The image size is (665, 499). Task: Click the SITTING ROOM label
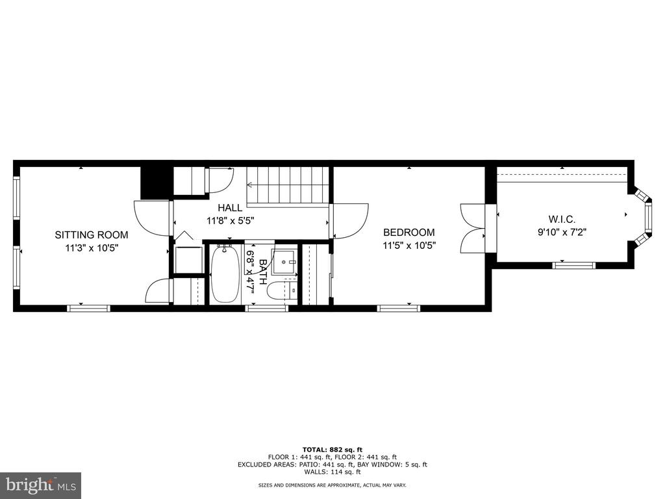pyautogui.click(x=91, y=235)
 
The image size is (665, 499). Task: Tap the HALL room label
pyautogui.click(x=230, y=207)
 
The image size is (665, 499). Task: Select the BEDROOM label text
pyautogui.click(x=409, y=232)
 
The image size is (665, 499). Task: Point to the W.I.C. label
pyautogui.click(x=562, y=220)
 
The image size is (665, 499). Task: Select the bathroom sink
pyautogui.click(x=284, y=262)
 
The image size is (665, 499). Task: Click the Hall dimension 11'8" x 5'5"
pyautogui.click(x=231, y=221)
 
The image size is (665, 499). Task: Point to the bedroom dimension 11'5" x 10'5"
pyautogui.click(x=409, y=245)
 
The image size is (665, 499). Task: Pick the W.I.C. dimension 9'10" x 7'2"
pyautogui.click(x=562, y=232)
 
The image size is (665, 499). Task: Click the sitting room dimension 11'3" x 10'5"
pyautogui.click(x=91, y=248)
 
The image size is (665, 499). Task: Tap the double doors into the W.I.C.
pyautogui.click(x=473, y=229)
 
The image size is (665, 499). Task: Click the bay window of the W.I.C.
pyautogui.click(x=644, y=217)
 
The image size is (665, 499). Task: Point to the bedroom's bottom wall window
pyautogui.click(x=399, y=309)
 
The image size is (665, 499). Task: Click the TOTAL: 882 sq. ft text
pyautogui.click(x=332, y=450)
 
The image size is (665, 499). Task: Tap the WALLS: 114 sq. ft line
pyautogui.click(x=332, y=472)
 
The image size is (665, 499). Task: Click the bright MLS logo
pyautogui.click(x=41, y=485)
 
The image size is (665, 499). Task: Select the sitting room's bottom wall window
pyautogui.click(x=88, y=309)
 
